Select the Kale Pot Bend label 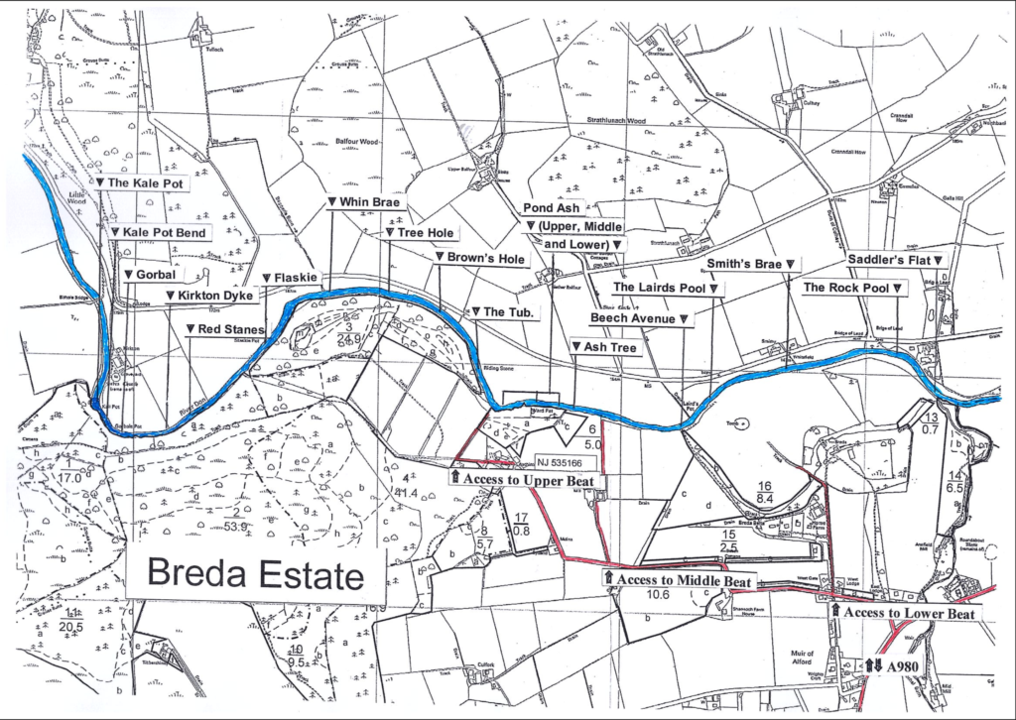[x=158, y=232]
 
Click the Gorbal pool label [x=149, y=275]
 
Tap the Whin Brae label [x=362, y=201]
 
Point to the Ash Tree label [x=607, y=347]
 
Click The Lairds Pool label [x=666, y=288]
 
